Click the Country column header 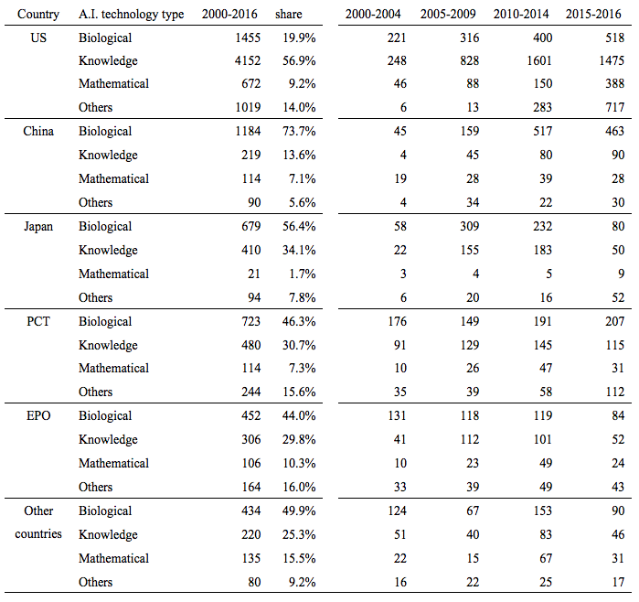point(38,15)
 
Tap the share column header point(289,15)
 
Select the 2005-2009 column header point(448,15)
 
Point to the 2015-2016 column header point(593,15)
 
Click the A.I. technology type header point(132,15)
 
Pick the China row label point(38,131)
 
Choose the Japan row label point(38,226)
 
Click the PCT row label point(38,321)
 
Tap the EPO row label point(38,415)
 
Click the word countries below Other point(38,534)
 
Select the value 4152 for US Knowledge point(248,60)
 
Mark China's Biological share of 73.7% point(299,131)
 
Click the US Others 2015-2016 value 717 point(615,107)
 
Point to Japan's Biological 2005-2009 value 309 point(470,226)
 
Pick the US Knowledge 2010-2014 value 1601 point(539,60)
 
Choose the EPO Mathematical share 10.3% point(299,463)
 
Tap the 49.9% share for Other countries point(299,511)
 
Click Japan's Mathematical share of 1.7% point(303,274)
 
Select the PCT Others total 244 point(251,392)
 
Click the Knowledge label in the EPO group point(108,440)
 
